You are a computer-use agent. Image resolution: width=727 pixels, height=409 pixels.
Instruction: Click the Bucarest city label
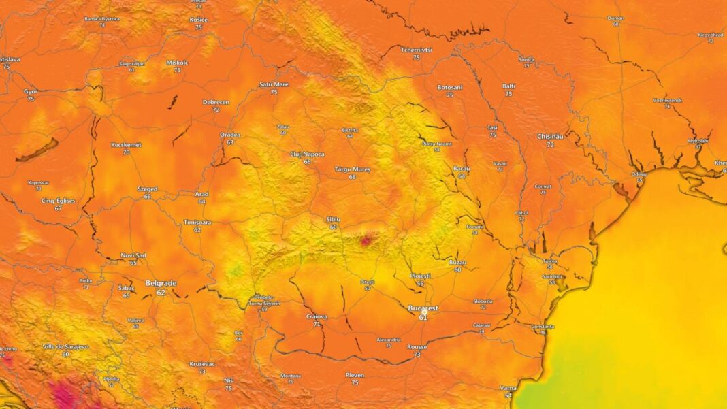click(423, 308)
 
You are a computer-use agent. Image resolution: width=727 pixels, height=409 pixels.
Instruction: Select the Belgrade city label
click(161, 283)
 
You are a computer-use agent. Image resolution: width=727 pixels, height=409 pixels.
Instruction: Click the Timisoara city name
click(197, 223)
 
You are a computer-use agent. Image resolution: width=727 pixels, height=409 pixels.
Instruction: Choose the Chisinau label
click(551, 137)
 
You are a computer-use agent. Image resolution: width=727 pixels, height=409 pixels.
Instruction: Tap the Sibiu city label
click(333, 219)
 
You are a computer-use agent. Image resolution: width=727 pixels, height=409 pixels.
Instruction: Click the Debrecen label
click(216, 102)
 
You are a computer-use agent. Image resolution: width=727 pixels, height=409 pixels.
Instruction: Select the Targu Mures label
click(352, 168)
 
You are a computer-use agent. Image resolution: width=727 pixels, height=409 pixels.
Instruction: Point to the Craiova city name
click(317, 316)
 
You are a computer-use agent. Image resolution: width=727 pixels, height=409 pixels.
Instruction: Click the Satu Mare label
click(274, 84)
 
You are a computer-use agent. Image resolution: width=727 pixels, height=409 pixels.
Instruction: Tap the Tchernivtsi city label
click(416, 50)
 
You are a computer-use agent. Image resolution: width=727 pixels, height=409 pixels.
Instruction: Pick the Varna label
click(508, 388)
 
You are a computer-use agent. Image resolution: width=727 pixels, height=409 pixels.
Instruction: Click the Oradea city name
click(230, 135)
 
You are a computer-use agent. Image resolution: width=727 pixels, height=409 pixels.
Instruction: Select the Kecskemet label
click(126, 145)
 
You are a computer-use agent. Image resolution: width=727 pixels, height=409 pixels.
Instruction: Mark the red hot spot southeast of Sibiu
click(366, 239)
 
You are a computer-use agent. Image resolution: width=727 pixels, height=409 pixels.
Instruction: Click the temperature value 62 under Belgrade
click(161, 293)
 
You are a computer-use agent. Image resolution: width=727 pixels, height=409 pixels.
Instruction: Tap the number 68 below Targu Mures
click(352, 177)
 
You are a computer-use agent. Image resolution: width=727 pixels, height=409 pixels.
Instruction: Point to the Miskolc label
click(177, 63)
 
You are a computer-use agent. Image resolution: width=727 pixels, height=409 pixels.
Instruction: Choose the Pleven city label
click(355, 375)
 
